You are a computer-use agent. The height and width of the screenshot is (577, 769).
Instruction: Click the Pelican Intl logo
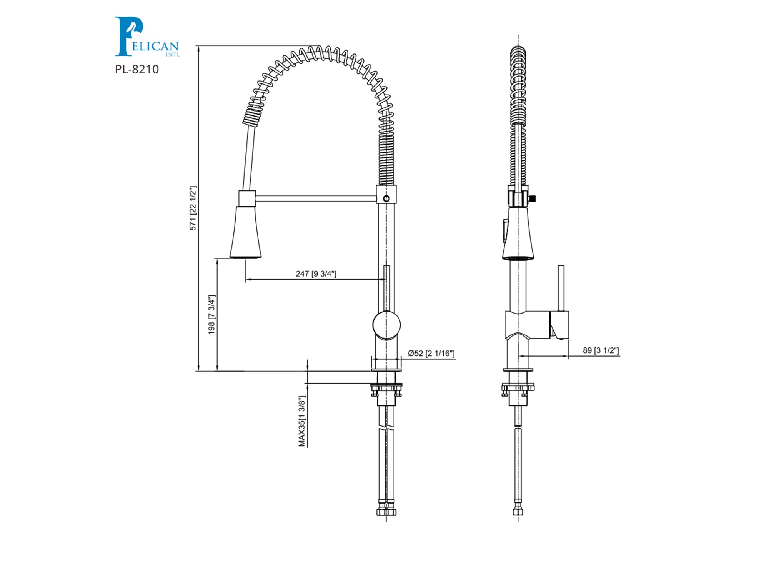[147, 37]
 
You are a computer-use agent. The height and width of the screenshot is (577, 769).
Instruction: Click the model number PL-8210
[137, 69]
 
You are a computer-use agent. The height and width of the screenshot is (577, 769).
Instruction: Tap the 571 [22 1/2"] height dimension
[193, 208]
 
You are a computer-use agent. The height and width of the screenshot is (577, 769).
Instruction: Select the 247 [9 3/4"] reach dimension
[316, 273]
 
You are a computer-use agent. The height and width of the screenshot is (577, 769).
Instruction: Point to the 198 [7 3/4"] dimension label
[211, 315]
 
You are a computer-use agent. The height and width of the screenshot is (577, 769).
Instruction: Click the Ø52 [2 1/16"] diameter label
[431, 353]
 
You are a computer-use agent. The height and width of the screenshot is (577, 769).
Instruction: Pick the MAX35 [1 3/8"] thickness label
[302, 421]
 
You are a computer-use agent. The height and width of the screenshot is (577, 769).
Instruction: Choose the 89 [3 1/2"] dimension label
[601, 350]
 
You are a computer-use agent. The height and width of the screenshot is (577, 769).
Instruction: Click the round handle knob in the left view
[386, 325]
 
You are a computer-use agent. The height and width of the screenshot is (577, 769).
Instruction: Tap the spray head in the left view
[246, 232]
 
